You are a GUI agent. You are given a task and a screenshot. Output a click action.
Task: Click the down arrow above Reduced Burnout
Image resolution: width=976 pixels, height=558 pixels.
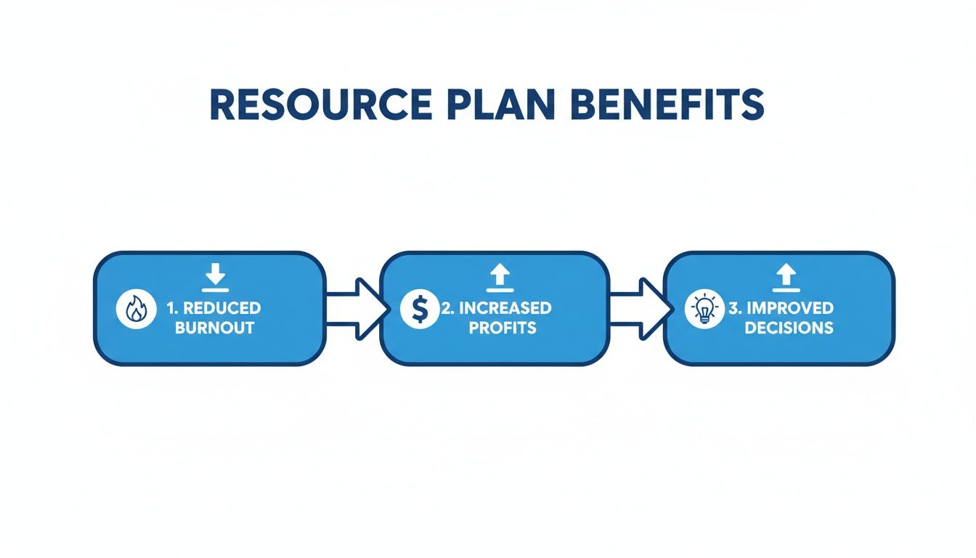[x=215, y=275]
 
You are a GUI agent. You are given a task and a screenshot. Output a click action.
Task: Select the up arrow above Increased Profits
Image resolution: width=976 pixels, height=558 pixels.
[x=499, y=275]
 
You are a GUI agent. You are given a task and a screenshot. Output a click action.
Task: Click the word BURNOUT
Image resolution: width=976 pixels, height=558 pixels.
[x=214, y=328]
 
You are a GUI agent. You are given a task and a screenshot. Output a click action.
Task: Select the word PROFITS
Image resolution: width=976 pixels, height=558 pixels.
[x=503, y=328]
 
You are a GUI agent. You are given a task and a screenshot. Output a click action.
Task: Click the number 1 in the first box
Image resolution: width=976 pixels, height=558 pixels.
[x=171, y=308]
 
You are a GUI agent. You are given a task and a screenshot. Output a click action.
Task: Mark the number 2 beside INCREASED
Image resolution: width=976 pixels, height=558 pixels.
[x=447, y=308]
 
